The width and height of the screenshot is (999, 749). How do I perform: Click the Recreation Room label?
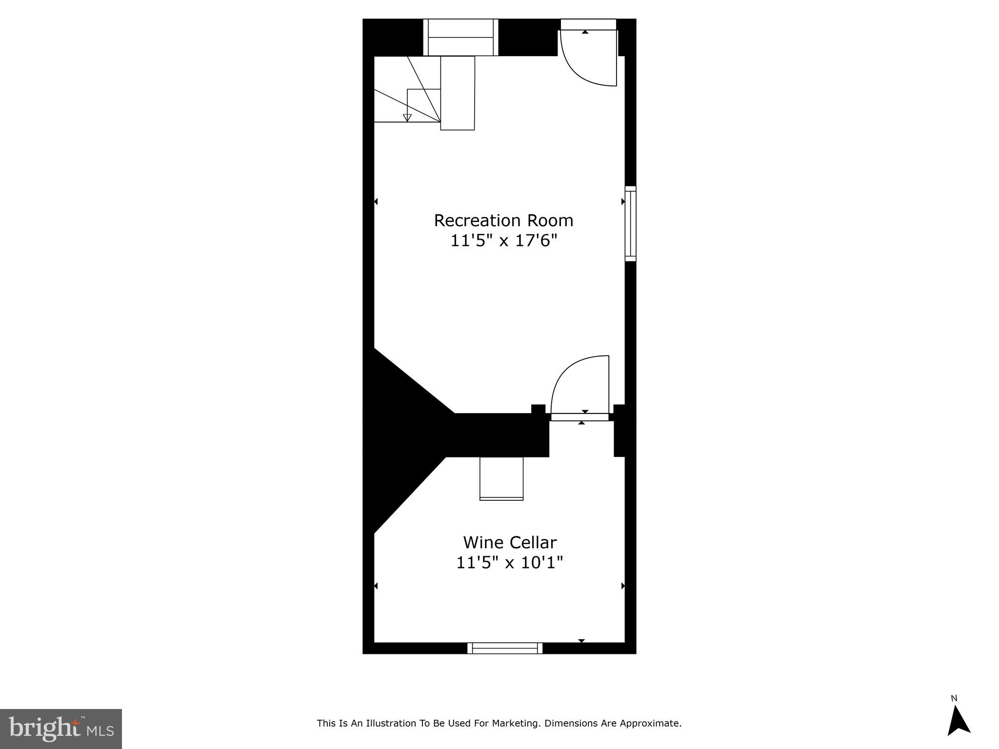point(503,220)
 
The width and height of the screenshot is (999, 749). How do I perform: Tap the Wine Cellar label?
point(510,542)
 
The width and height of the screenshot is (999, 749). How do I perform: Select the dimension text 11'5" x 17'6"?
point(503,240)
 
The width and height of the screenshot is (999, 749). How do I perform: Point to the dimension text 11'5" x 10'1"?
point(510,563)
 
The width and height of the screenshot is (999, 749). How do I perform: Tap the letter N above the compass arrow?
point(954,699)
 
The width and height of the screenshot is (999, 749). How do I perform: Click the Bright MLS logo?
point(61,729)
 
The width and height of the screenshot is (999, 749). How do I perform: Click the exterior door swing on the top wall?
point(588,58)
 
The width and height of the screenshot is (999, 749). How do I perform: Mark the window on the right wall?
point(631,223)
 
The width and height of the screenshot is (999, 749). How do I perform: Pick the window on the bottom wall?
point(505,648)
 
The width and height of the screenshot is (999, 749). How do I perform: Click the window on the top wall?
point(461,38)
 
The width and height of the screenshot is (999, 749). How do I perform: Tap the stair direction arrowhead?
point(407,118)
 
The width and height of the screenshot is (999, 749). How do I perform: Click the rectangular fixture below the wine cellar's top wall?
point(501,478)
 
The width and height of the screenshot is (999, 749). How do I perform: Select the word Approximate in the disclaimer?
point(650,723)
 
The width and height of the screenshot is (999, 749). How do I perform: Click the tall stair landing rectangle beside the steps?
point(458,93)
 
